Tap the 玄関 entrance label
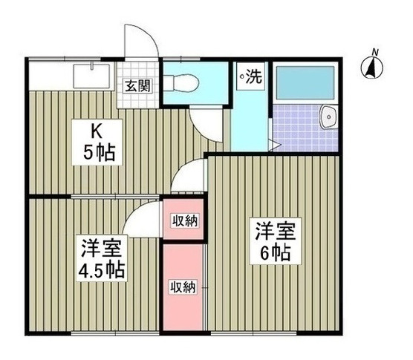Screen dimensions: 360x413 click(x=138, y=85)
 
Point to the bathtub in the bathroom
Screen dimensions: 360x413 click(x=305, y=82)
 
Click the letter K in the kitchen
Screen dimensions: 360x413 click(x=96, y=132)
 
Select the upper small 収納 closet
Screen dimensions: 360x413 click(x=183, y=219)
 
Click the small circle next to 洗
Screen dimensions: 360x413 click(x=242, y=76)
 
